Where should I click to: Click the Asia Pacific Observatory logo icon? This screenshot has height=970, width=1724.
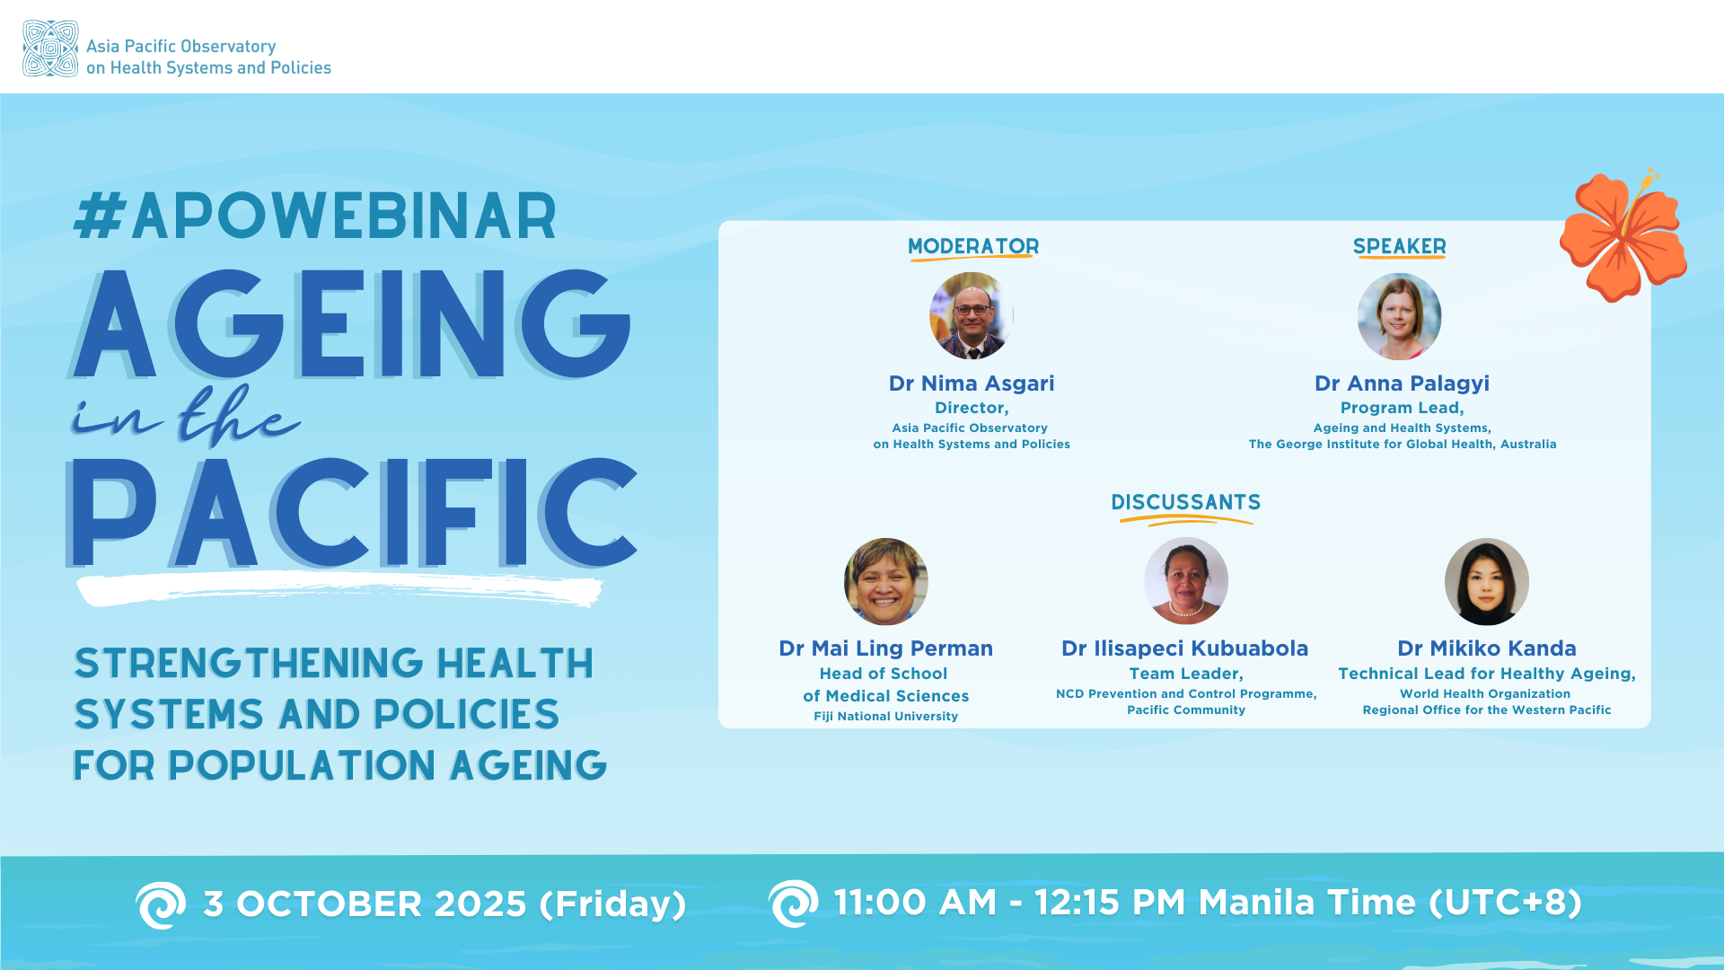[x=50, y=48]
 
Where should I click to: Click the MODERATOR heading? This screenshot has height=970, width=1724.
[x=973, y=246]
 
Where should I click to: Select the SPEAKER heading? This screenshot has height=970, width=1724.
[x=1399, y=246]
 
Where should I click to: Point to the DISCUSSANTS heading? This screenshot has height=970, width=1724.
[x=1185, y=502]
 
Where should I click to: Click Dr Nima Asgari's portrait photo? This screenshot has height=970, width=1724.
[x=972, y=316]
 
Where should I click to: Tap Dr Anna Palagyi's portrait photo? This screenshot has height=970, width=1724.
[x=1399, y=316]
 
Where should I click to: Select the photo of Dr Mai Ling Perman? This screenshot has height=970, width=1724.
[x=885, y=581]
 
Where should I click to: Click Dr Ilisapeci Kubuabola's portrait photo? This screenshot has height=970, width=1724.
[x=1185, y=581]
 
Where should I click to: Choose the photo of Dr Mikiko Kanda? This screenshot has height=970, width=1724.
[x=1486, y=581]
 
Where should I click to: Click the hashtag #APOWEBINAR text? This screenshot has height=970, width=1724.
[x=315, y=216]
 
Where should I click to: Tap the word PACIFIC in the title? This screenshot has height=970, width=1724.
[x=352, y=513]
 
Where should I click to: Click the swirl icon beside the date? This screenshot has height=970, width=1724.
[x=161, y=904]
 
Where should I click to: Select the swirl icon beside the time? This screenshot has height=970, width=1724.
[x=793, y=903]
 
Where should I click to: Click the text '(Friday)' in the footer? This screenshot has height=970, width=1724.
[x=612, y=904]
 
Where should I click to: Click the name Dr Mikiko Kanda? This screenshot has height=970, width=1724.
[x=1486, y=648]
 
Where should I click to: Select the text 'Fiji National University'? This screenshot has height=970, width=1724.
[x=885, y=717]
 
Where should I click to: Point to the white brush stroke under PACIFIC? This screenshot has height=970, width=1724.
[x=339, y=590]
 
